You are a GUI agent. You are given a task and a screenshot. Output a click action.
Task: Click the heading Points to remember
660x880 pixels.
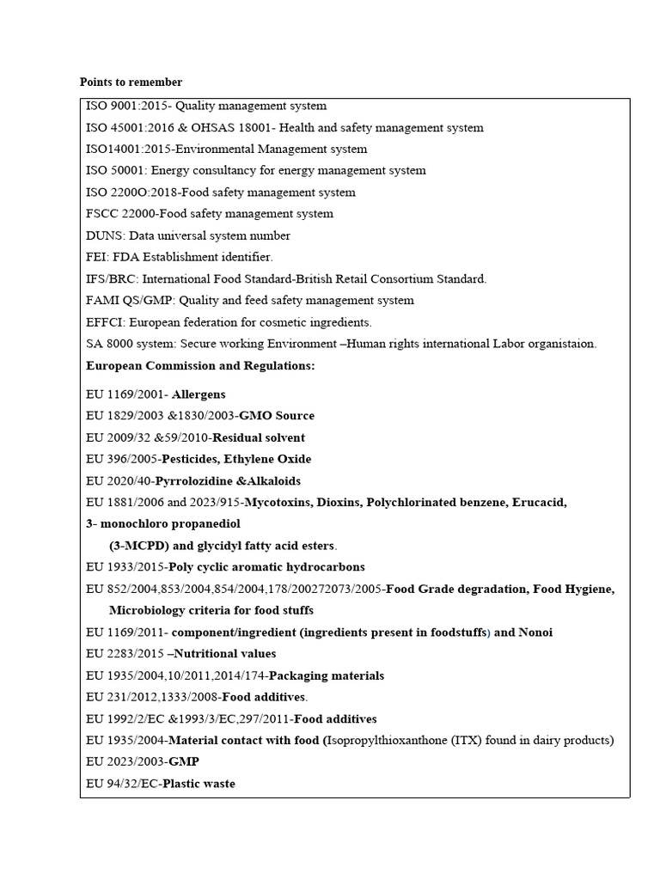click(x=131, y=82)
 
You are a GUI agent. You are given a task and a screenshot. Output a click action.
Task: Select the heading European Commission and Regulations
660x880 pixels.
click(x=200, y=366)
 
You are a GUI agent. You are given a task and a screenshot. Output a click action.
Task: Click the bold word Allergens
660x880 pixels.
click(x=199, y=394)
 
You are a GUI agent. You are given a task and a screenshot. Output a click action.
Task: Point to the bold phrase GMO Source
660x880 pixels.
click(x=277, y=416)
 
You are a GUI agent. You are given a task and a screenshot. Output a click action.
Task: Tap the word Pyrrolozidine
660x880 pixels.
click(x=195, y=481)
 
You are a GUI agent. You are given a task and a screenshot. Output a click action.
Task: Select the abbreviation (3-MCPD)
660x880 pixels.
click(x=140, y=546)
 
